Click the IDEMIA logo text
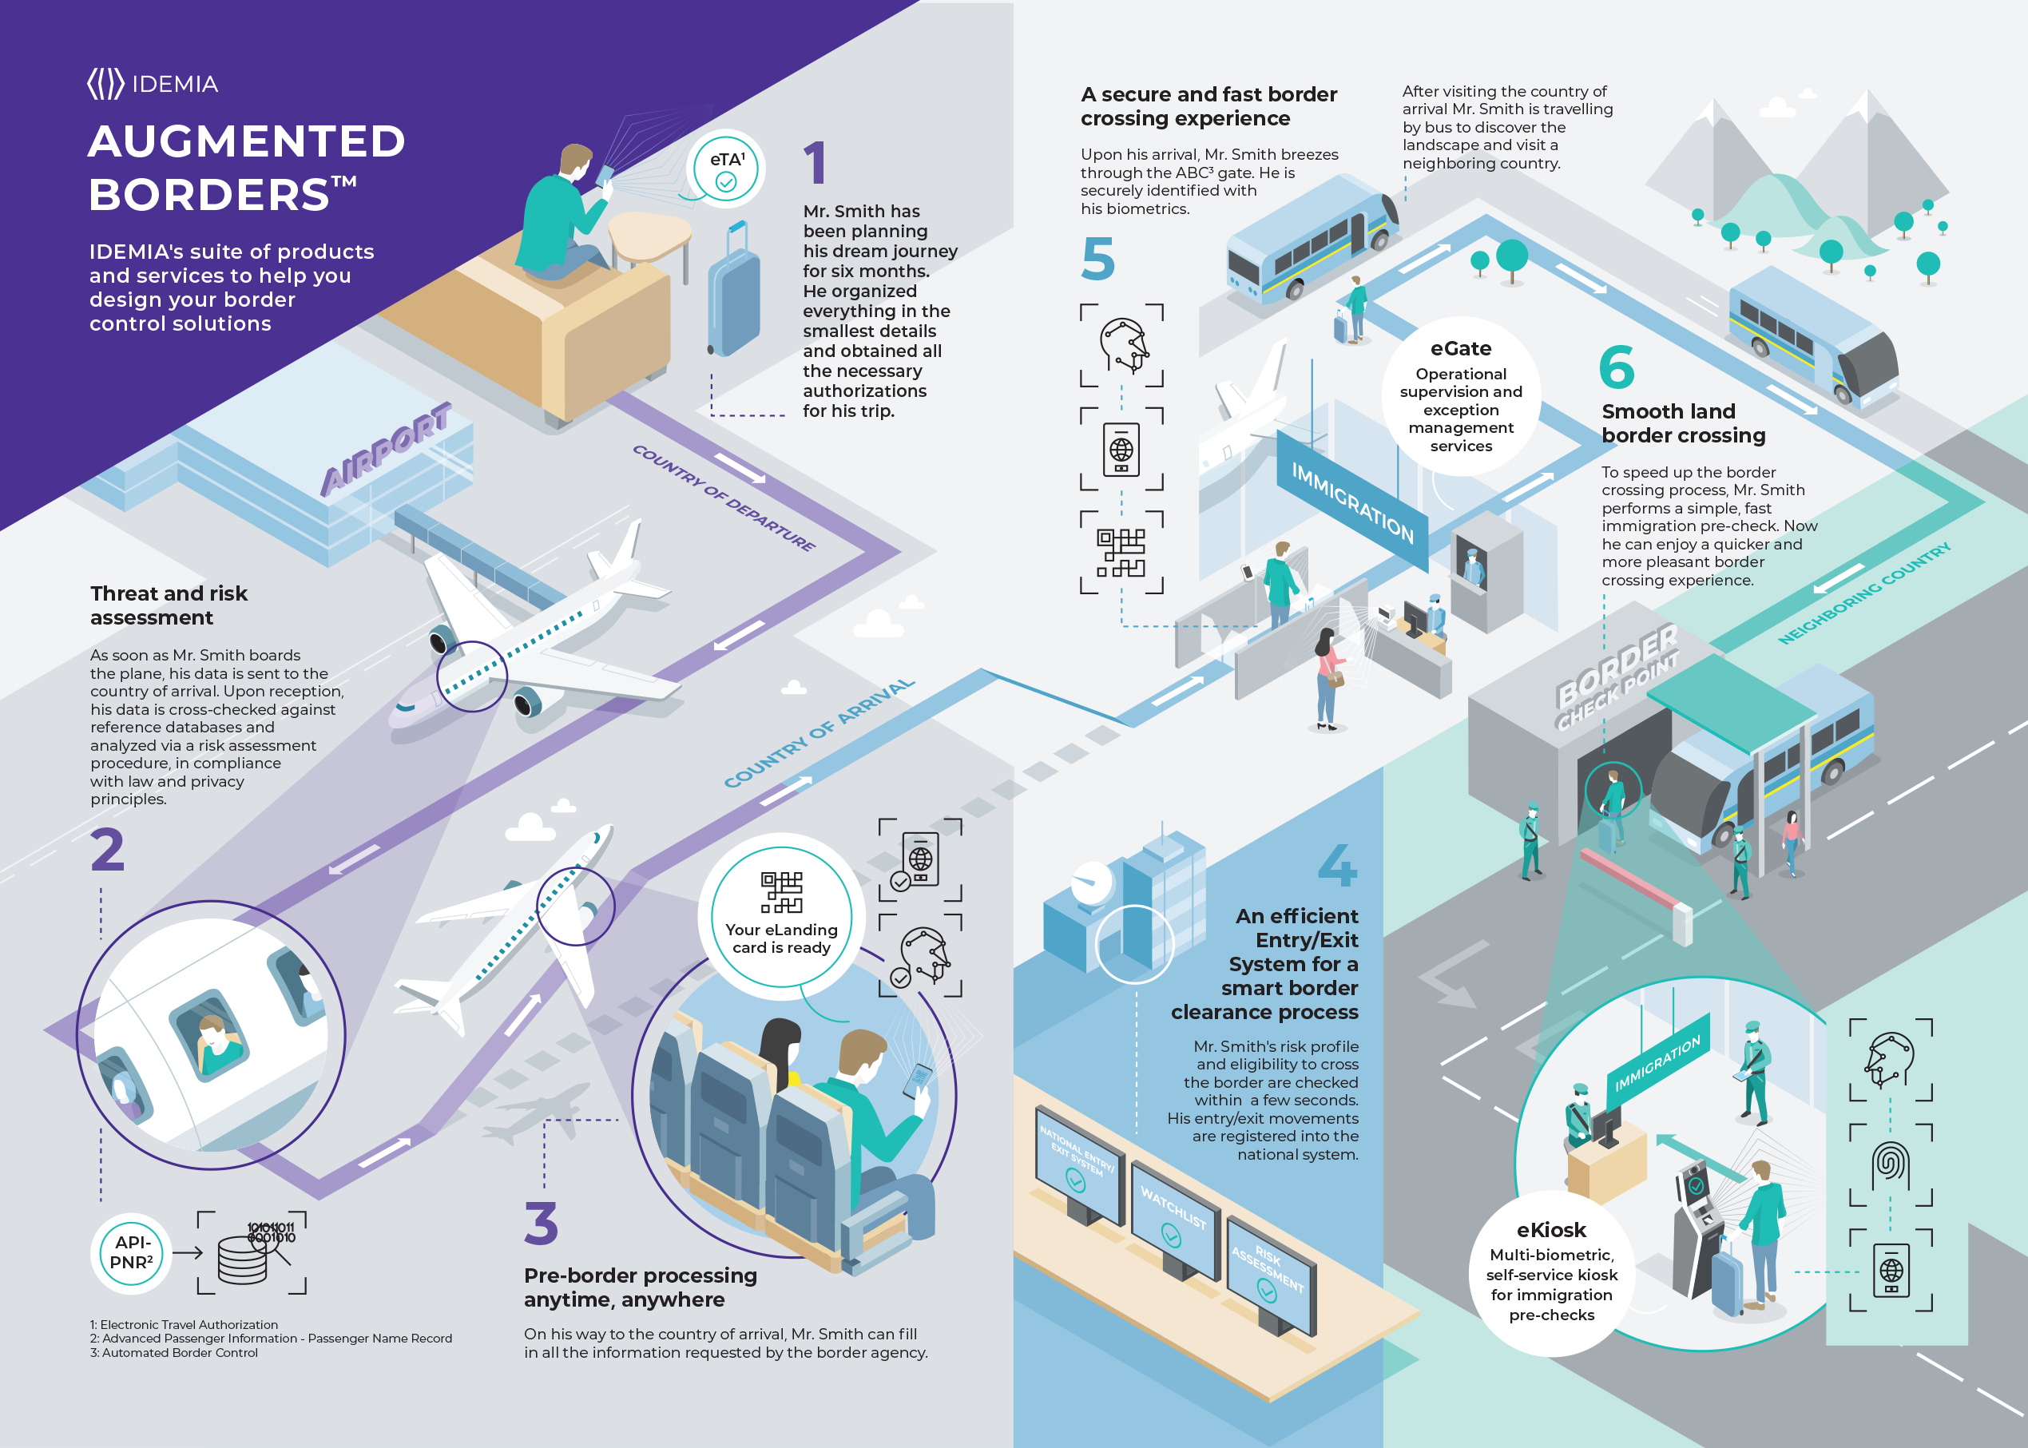click(175, 84)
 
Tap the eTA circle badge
click(727, 169)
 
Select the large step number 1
click(815, 163)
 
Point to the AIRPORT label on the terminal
click(385, 449)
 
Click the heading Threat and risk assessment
click(169, 605)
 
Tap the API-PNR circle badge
click(132, 1253)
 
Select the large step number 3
click(541, 1224)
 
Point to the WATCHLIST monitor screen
click(1173, 1220)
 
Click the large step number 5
click(1097, 259)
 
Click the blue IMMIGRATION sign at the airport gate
click(1351, 500)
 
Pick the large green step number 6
click(1617, 367)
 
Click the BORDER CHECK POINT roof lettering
click(1616, 676)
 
